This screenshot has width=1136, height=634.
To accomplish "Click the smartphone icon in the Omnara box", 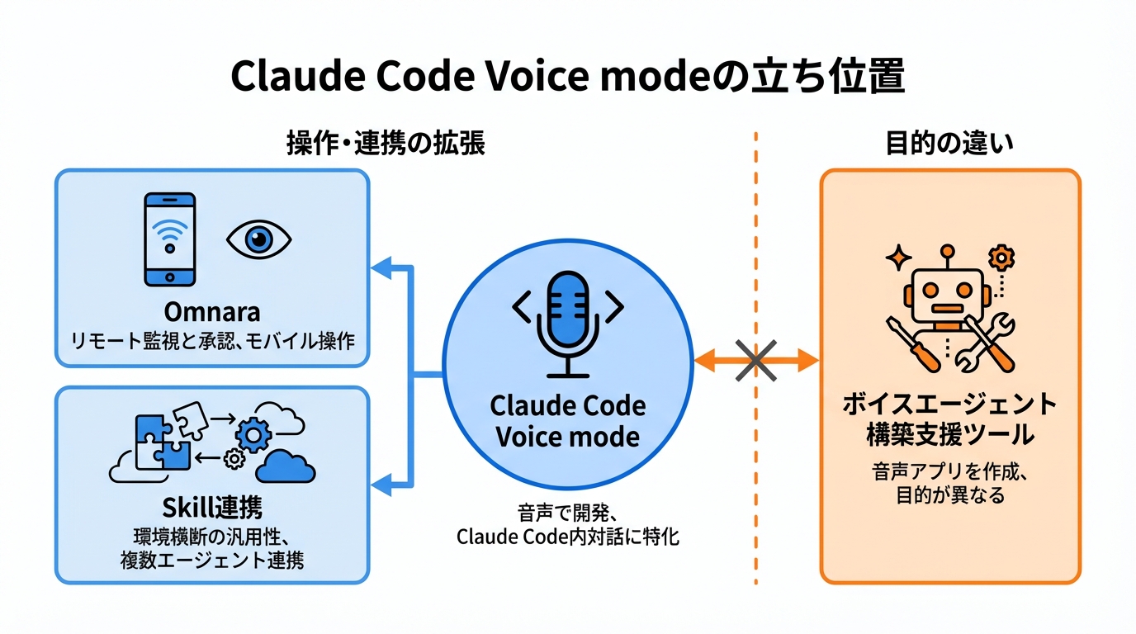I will (x=170, y=239).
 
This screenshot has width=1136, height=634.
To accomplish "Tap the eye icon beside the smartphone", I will (x=258, y=239).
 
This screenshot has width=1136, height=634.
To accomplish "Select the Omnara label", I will (x=212, y=312).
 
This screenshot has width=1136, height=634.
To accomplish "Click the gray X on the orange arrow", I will (x=755, y=360).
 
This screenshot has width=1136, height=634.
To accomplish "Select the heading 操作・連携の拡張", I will (x=385, y=144).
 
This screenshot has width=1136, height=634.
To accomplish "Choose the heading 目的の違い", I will (x=949, y=144).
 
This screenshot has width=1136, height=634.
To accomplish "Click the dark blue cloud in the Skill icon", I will (x=285, y=467).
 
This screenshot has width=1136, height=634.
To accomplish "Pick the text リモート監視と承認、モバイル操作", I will (x=212, y=340).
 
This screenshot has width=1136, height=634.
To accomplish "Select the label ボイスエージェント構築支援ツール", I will (x=949, y=418).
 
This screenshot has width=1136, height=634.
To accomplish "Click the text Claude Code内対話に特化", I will (x=567, y=537).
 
